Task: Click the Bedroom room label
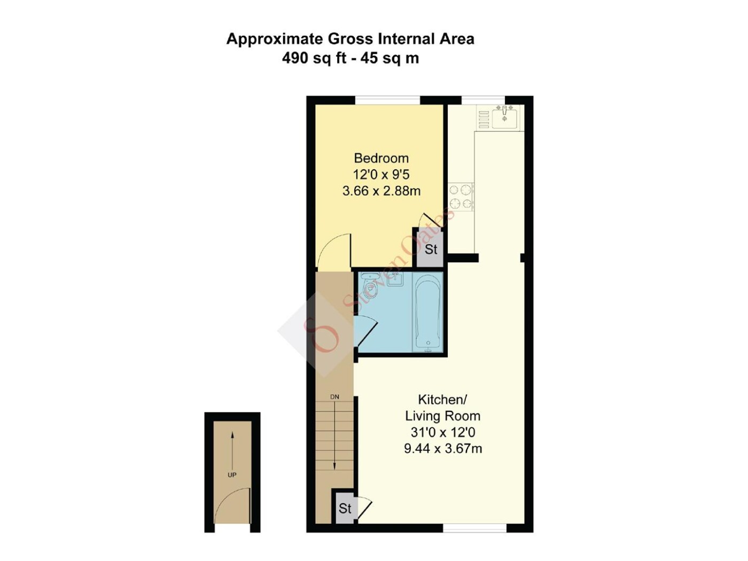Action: [381, 158]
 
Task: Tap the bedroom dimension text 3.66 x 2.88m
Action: [381, 191]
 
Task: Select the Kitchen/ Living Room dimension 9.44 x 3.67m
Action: [443, 449]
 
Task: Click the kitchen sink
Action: [504, 118]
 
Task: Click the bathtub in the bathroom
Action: [428, 311]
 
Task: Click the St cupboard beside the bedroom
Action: [431, 249]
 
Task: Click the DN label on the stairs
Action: [334, 397]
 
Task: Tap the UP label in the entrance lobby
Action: [232, 475]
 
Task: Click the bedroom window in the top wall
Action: [388, 100]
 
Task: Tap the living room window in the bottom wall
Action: [474, 537]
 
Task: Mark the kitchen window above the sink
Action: [483, 100]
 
